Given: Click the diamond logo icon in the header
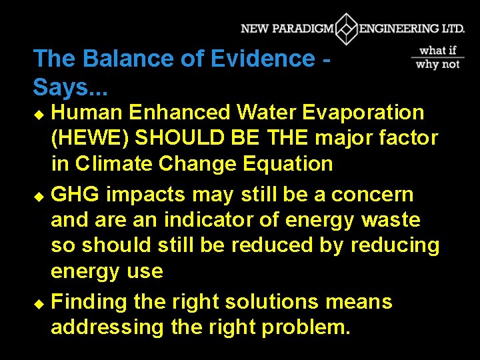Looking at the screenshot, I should pos(346,29).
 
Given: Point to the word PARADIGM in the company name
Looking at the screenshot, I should pos(301,29).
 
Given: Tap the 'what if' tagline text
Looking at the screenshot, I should pos(438,51).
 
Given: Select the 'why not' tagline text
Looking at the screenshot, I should pos(438,64).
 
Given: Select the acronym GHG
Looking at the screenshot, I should pos(75,195).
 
